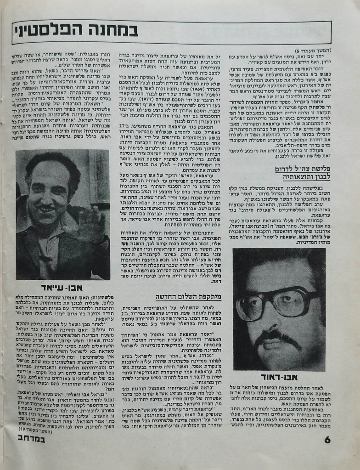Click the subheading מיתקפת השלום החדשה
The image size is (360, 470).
tap(188, 297)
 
